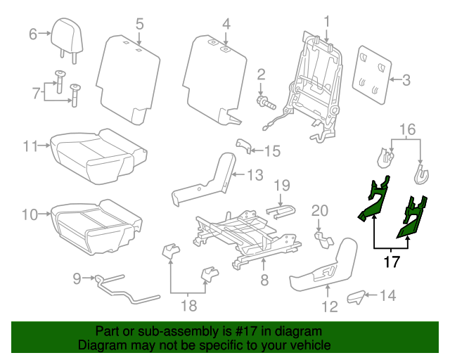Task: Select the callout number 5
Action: tap(139, 24)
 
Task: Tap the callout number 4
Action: tap(226, 24)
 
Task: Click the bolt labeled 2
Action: tap(265, 101)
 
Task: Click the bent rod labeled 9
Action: tap(120, 288)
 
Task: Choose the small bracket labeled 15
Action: tap(243, 146)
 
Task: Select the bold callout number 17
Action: tap(392, 262)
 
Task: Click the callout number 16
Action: tap(408, 129)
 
